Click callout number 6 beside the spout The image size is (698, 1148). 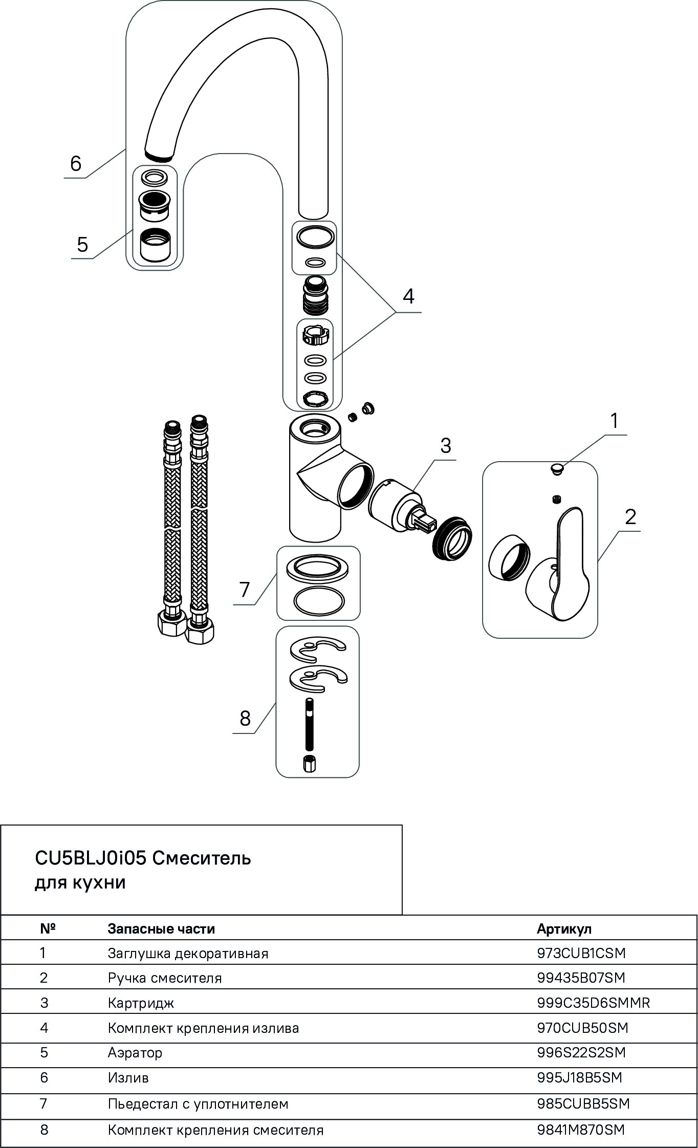76,164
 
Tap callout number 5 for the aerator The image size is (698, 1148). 82,245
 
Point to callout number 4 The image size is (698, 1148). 408,296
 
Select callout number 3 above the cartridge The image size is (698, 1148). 446,446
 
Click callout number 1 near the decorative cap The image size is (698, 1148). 614,421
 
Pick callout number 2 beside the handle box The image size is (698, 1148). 630,517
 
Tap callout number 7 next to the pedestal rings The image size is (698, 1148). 245,590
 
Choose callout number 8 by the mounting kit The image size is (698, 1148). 245,719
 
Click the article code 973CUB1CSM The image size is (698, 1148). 581,954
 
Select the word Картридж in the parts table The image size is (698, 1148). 141,1003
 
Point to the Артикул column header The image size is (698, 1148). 564,929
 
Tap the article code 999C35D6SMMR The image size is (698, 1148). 594,1003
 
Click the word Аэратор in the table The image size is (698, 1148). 135,1053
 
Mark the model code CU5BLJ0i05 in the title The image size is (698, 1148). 91,858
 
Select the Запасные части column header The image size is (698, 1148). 161,929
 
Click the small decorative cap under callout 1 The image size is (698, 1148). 556,468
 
